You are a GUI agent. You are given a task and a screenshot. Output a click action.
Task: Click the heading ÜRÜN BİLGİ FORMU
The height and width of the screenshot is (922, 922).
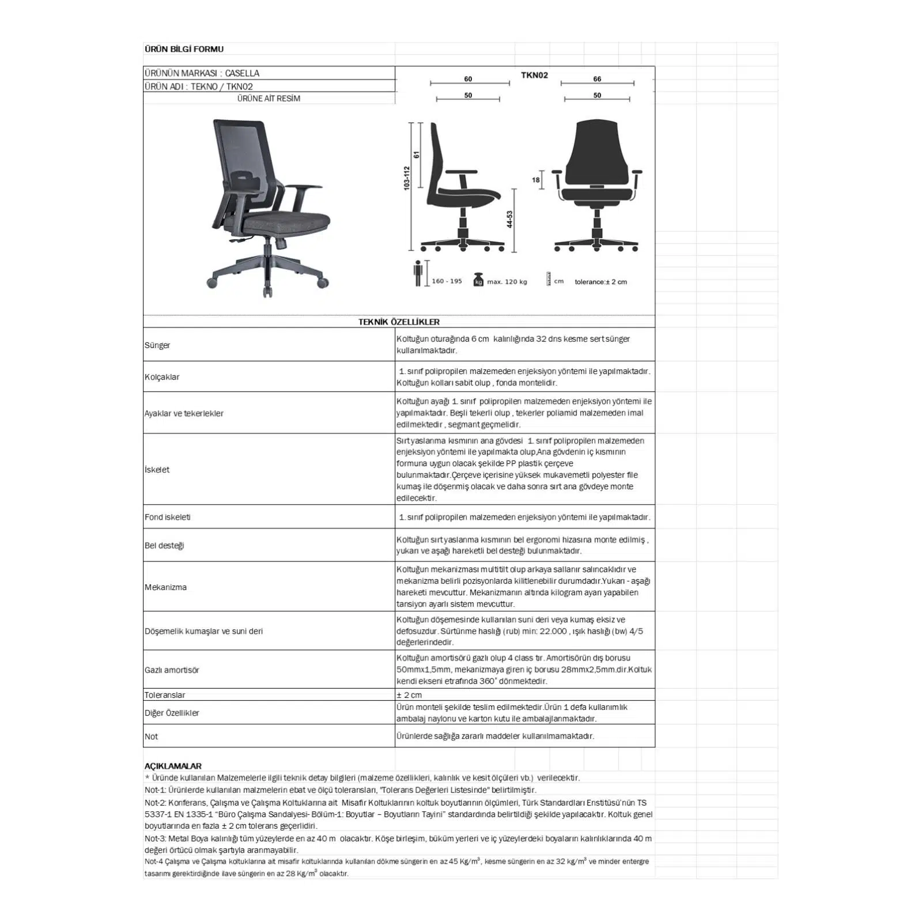[x=184, y=50]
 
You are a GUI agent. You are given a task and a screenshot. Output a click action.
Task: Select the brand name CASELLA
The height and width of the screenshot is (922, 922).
[x=242, y=73]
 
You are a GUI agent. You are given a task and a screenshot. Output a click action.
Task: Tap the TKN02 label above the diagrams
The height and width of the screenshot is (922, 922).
[x=534, y=75]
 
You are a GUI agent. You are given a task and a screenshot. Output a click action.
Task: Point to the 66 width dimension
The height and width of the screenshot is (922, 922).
[x=597, y=79]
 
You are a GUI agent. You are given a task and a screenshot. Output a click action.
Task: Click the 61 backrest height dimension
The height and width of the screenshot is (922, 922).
[x=416, y=155]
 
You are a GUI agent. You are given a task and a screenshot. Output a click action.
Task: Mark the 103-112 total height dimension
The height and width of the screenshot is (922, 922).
[x=406, y=179]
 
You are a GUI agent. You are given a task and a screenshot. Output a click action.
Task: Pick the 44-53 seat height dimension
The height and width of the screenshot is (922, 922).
[x=509, y=220]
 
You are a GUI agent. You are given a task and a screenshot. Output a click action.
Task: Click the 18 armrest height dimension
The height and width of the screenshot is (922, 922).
[x=536, y=180]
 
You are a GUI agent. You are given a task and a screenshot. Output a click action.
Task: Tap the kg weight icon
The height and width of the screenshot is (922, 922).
[x=478, y=280]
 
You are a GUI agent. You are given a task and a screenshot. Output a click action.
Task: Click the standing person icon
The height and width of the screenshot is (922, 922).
[x=418, y=273]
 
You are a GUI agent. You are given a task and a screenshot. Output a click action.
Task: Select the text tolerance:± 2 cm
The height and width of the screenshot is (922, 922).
[x=600, y=282]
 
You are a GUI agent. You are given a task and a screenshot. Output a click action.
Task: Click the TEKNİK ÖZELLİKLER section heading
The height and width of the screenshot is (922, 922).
[x=399, y=322]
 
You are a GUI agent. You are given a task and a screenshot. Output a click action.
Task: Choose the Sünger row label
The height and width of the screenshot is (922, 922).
[x=157, y=345]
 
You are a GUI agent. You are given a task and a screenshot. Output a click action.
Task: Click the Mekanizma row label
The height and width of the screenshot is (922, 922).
[x=165, y=587]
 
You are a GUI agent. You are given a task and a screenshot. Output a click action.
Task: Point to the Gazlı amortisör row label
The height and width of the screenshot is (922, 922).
[x=172, y=670]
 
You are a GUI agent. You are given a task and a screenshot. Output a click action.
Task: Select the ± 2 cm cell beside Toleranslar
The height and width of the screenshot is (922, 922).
[x=409, y=695]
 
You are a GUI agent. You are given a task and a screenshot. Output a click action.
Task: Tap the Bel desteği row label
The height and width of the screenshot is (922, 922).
[x=164, y=546]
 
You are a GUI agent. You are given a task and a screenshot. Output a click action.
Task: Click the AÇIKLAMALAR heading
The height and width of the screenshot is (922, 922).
[x=173, y=766]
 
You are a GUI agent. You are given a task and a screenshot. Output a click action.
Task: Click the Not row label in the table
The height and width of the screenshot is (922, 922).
[x=151, y=736]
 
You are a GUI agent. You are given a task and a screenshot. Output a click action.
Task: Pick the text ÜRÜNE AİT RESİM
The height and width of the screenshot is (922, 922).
[x=269, y=99]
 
